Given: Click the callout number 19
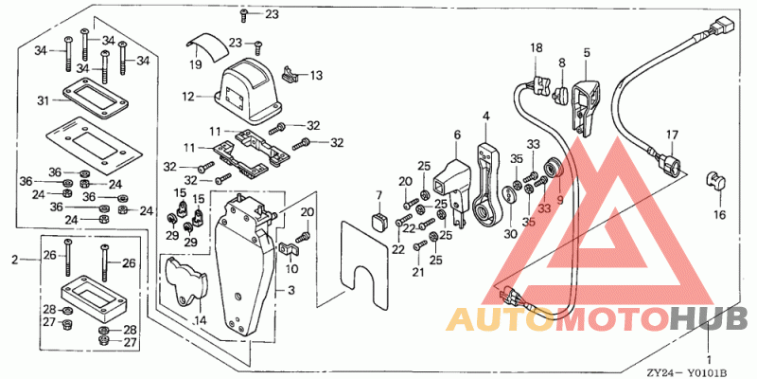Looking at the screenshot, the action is pyautogui.click(x=196, y=64).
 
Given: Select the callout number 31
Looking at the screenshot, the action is pyautogui.click(x=44, y=100).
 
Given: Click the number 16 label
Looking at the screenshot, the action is pyautogui.click(x=720, y=214).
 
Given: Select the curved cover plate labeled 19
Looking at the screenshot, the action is pyautogui.click(x=207, y=46).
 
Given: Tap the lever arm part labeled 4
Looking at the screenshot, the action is pyautogui.click(x=488, y=184).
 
